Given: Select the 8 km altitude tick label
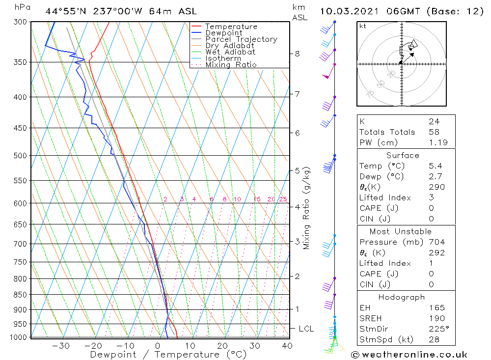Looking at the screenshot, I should (297, 54).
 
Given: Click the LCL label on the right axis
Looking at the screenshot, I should (306, 329).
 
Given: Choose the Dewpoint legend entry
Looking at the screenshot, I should (224, 33).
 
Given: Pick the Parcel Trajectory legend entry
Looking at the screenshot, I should (241, 39).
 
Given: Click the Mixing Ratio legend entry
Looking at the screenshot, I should (231, 65).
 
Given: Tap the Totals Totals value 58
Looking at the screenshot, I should (434, 132).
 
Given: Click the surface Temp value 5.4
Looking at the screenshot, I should (435, 166).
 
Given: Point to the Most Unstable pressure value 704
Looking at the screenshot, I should (436, 242).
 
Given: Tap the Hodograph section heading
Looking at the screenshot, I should (402, 297).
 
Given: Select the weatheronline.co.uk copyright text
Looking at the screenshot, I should (409, 355).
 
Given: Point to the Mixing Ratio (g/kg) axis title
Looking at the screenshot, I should (307, 208).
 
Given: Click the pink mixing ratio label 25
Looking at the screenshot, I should (283, 199).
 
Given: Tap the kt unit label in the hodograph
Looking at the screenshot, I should (363, 26).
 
